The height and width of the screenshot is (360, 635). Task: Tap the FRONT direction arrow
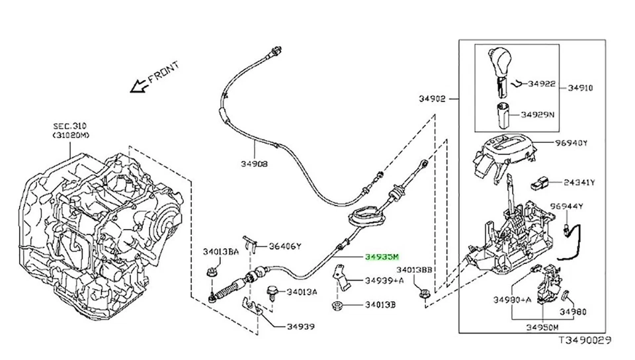click(139, 85)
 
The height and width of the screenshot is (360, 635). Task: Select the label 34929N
click(537, 114)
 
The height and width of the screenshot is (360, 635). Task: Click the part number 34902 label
click(433, 99)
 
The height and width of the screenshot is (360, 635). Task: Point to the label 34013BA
click(220, 251)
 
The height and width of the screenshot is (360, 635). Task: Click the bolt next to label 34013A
click(271, 292)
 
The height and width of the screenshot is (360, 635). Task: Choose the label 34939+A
click(384, 281)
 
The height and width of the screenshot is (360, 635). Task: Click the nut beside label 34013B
click(337, 305)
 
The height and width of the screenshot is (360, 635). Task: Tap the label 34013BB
click(415, 271)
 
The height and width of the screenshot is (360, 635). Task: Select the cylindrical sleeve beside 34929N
click(502, 114)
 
